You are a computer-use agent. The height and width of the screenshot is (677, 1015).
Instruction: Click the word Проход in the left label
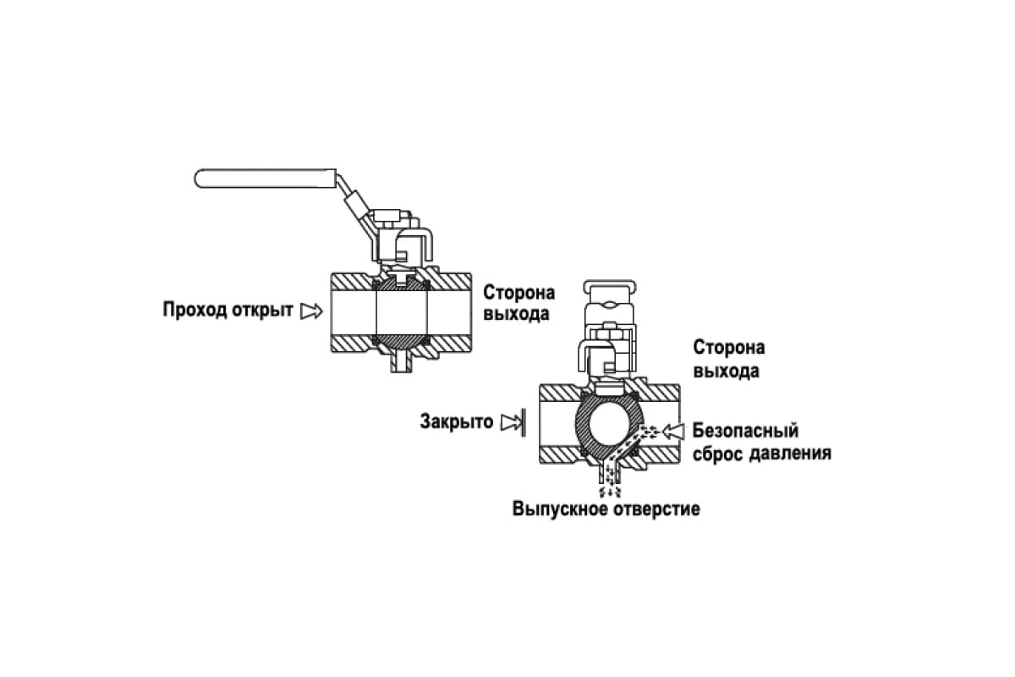195,311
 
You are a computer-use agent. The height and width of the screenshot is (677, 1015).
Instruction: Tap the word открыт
262,311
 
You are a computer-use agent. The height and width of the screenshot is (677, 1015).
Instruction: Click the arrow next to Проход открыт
312,311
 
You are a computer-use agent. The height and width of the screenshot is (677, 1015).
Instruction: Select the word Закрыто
456,421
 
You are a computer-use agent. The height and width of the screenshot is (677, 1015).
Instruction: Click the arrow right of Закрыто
513,422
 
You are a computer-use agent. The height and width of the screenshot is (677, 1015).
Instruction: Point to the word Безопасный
745,431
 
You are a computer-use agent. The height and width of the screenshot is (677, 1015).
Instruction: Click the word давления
790,454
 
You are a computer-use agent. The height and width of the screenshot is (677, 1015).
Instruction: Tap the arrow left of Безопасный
673,432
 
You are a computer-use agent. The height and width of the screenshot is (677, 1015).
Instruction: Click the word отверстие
656,509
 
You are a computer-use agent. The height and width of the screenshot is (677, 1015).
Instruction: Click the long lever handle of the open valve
266,179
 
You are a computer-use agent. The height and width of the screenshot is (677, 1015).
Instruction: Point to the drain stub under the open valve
402,364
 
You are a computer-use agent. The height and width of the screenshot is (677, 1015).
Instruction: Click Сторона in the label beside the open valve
518,293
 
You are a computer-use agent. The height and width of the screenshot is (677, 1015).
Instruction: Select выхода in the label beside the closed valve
727,371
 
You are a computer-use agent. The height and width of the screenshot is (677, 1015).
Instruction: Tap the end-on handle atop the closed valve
610,287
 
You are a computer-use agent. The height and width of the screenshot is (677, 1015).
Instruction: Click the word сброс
718,454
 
